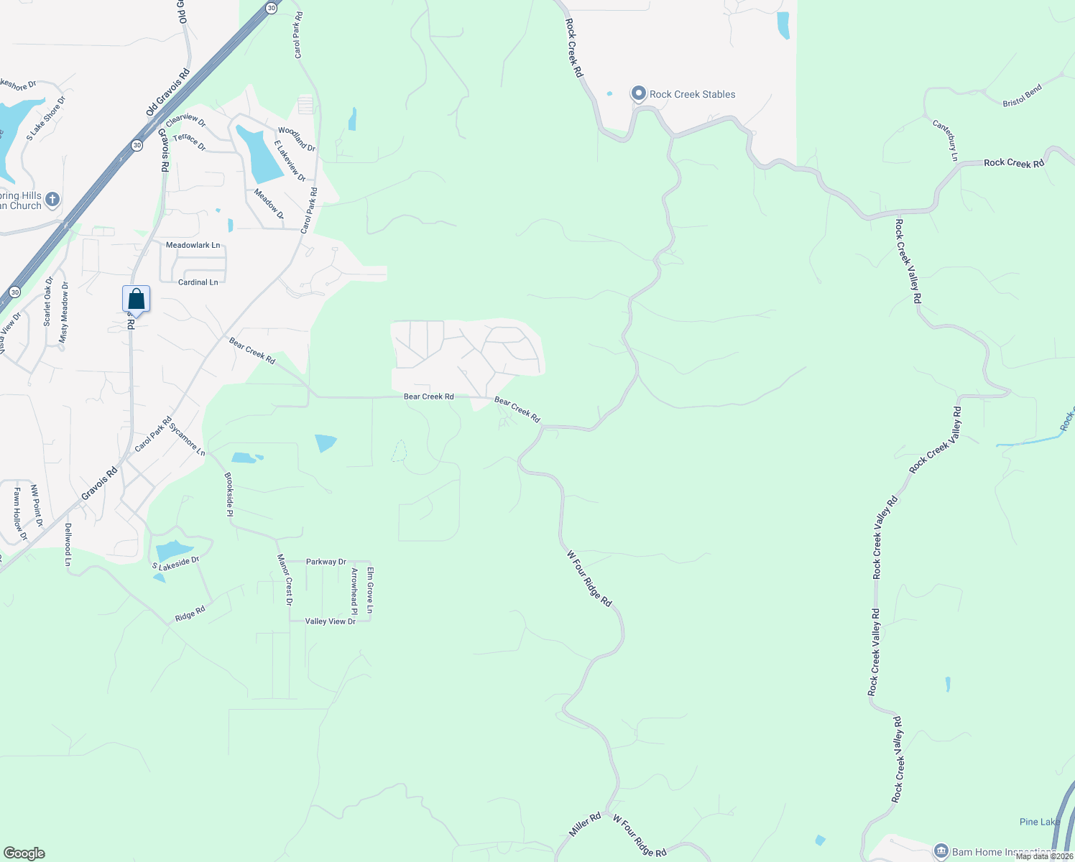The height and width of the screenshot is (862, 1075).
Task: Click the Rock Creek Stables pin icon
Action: pos(638,94)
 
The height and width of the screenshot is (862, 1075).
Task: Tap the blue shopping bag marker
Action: pos(136,300)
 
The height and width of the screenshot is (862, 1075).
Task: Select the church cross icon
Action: pos(52,200)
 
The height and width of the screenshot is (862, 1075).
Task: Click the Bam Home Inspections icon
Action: pos(941,852)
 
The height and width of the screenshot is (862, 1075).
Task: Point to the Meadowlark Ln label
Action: pos(193,246)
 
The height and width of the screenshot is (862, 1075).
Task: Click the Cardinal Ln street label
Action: pos(198,282)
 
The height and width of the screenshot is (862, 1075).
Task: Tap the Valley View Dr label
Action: pos(331,621)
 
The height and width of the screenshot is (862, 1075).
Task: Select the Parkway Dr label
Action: pos(326,562)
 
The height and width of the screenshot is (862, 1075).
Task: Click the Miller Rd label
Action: pos(585,825)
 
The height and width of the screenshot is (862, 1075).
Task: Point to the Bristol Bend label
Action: pos(1022,96)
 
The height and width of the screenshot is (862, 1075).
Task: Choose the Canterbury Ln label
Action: pos(946,140)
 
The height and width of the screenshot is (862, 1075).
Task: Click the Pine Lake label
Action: pos(1039,822)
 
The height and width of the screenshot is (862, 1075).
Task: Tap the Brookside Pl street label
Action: pos(229,494)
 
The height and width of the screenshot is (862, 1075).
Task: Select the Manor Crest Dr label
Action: pos(285,580)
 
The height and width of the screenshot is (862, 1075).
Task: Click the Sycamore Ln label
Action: pos(188,439)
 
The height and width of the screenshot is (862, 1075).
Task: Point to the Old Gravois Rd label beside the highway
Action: pos(168,92)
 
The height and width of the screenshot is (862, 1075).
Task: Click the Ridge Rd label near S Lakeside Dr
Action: pos(190,614)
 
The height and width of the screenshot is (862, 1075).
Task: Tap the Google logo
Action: pos(24,853)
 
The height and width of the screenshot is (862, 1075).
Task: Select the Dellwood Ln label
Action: pos(68,544)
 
